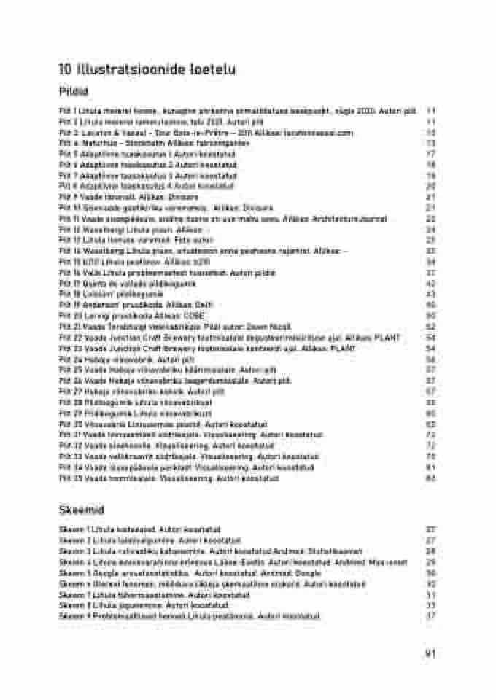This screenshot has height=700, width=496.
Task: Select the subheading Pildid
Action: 73,92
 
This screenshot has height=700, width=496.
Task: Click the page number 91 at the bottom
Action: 430,653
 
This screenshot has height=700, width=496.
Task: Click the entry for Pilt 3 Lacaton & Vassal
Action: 206,133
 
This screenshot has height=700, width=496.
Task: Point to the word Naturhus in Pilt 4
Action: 97,144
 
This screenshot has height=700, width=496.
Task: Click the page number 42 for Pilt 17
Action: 430,283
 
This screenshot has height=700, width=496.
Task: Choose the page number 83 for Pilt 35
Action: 430,478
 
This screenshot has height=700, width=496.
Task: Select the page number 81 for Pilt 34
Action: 430,467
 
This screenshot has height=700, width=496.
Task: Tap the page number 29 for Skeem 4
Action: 430,562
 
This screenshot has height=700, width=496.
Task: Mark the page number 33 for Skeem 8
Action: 430,605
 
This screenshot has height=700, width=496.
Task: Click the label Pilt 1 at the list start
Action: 68,111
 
